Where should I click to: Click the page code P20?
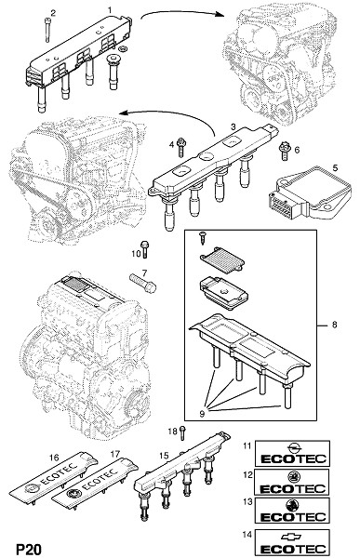pos(29,549)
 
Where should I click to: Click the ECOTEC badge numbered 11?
pos(292,453)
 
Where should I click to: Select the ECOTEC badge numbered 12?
pos(292,482)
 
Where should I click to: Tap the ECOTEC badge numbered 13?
pos(292,511)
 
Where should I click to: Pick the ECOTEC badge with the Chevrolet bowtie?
pos(292,542)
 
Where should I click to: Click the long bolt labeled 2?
pos(47,31)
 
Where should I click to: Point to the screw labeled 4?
pos(180,147)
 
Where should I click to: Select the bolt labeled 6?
pos(284,151)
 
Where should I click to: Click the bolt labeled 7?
pos(142,283)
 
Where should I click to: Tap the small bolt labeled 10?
pos(144,249)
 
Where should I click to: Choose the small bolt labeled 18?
pos(182,433)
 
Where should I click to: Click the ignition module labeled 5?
pos(309,194)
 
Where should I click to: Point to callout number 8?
pos(334,325)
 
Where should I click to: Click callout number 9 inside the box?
pos(202,414)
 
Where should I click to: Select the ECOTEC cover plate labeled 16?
pos(53,478)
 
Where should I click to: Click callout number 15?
pos(164,456)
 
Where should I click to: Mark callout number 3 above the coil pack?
pos(233,126)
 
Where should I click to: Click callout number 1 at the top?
pos(110,10)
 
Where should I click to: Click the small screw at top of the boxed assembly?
pos(203,237)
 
